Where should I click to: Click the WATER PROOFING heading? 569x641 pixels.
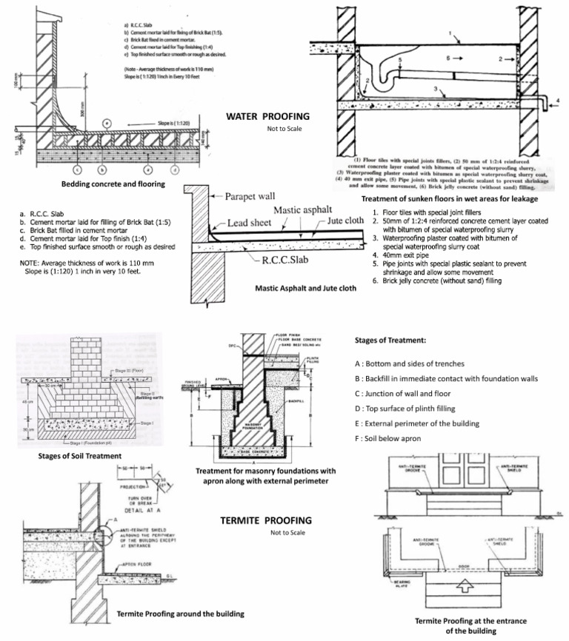[x=267, y=117]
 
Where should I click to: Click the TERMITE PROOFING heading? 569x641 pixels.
[x=265, y=520]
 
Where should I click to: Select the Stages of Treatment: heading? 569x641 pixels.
[x=391, y=340]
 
